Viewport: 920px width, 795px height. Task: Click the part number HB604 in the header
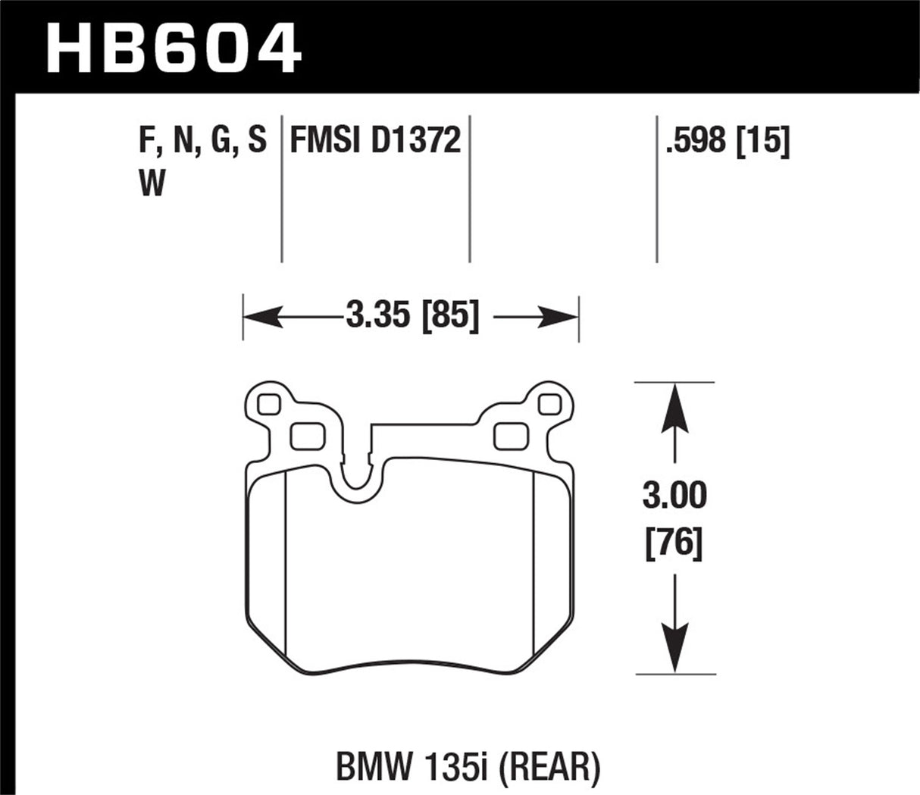pos(174,49)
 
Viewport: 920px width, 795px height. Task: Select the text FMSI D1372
pos(375,141)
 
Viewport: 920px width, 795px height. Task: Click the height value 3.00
pos(674,496)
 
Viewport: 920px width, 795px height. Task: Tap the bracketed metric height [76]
pos(674,543)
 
